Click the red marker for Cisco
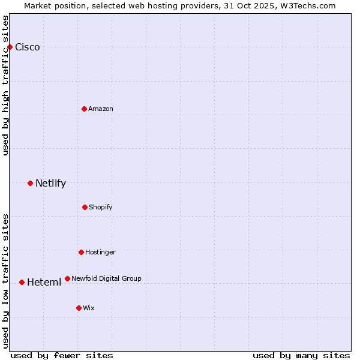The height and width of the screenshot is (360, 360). pyautogui.click(x=10, y=47)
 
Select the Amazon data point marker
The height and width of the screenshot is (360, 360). pyautogui.click(x=84, y=109)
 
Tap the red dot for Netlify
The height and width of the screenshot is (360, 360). pyautogui.click(x=30, y=183)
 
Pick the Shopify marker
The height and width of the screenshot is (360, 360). pyautogui.click(x=85, y=207)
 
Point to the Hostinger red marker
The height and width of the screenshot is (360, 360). pyautogui.click(x=81, y=252)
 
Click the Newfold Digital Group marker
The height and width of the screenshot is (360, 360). pyautogui.click(x=67, y=278)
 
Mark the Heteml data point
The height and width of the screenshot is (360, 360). pyautogui.click(x=22, y=282)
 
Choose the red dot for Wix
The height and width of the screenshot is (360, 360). pyautogui.click(x=79, y=308)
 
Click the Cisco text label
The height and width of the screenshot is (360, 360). pyautogui.click(x=28, y=47)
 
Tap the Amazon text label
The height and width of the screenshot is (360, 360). pyautogui.click(x=101, y=109)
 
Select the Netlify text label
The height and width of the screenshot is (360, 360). pyautogui.click(x=50, y=184)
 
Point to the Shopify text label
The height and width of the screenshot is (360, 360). pyautogui.click(x=101, y=208)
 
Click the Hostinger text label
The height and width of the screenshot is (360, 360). pyautogui.click(x=100, y=253)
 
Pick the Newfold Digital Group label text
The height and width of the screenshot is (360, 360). pyautogui.click(x=106, y=278)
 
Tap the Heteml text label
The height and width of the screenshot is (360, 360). pyautogui.click(x=44, y=283)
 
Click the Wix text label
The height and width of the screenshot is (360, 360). pyautogui.click(x=89, y=308)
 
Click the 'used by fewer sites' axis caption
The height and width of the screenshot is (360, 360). pyautogui.click(x=62, y=355)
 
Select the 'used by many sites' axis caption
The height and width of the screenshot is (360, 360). pyautogui.click(x=301, y=355)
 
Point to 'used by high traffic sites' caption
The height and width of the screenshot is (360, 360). pyautogui.click(x=6, y=86)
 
